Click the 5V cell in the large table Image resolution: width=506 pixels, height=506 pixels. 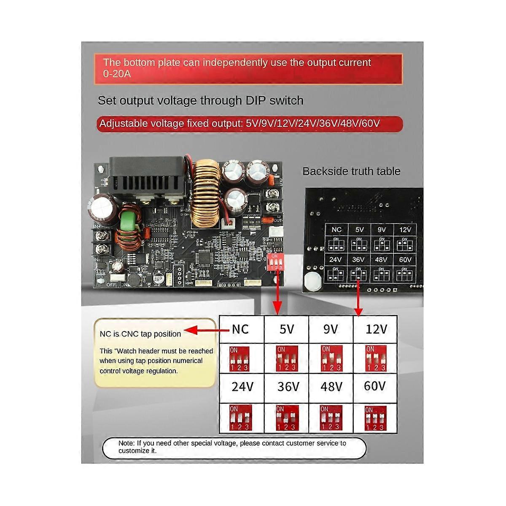coord(287,329)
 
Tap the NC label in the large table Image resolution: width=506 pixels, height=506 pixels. coord(240,329)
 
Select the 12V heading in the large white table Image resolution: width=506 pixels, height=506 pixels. coord(376,329)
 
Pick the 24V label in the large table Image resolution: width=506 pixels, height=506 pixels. coord(242,387)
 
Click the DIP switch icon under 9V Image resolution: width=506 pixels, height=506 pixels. coord(331,358)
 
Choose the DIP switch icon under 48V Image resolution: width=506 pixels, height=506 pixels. coord(331,418)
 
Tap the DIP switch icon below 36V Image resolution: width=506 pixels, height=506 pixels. coord(287,418)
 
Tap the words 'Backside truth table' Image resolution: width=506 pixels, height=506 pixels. coord(351,171)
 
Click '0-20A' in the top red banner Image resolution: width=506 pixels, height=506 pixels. coord(117,74)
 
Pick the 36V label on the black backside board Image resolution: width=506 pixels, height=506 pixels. coord(358,260)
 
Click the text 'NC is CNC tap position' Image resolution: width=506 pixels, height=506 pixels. coord(140,334)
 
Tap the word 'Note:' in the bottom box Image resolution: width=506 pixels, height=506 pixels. coord(126,443)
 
